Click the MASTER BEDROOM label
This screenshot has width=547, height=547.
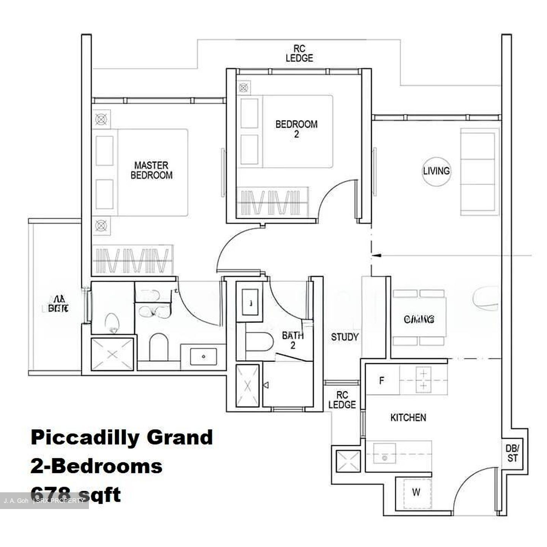(x=151, y=170)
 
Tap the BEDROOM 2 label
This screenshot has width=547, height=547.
(x=296, y=129)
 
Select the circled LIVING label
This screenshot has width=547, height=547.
(x=436, y=171)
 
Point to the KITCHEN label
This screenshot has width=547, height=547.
(x=408, y=417)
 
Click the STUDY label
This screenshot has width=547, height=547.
(x=345, y=337)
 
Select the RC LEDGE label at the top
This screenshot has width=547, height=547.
(x=299, y=54)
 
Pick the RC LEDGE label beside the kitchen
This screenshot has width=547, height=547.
(x=342, y=400)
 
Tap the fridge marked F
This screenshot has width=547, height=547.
(x=382, y=380)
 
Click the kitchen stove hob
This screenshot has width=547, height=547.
(x=423, y=380)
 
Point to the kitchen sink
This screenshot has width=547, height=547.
(x=384, y=454)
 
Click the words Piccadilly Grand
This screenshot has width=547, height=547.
(x=122, y=437)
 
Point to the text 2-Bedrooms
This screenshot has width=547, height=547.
(x=96, y=466)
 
